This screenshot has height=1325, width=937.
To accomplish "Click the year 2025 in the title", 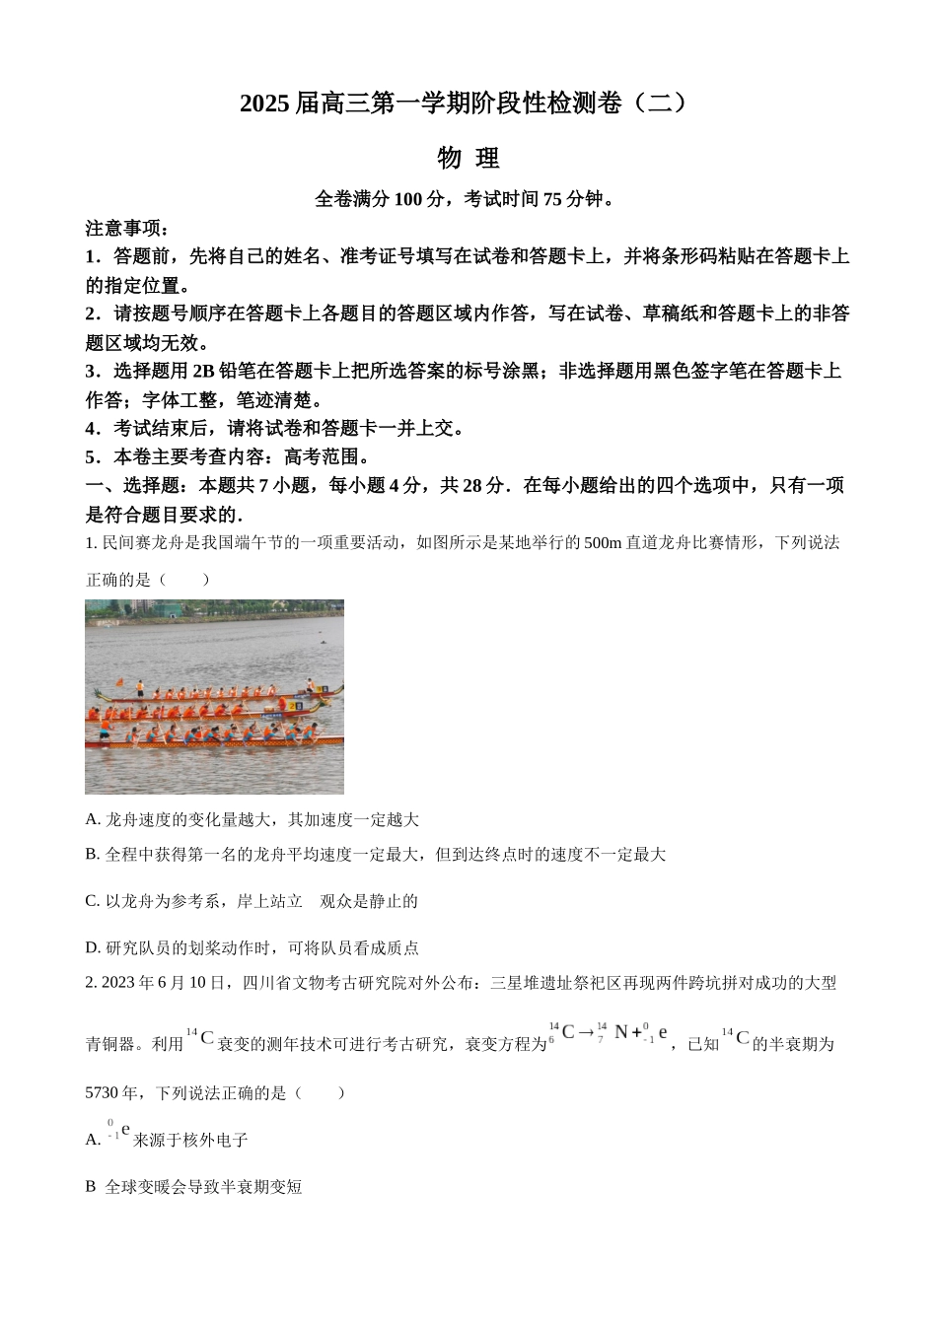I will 265,103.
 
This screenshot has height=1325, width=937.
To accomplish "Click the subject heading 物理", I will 468,158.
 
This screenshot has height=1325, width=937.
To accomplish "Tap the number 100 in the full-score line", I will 408,199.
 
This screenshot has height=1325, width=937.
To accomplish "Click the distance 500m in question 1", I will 603,542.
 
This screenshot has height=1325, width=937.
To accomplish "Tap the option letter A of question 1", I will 93,819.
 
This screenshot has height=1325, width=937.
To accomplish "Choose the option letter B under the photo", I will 93,855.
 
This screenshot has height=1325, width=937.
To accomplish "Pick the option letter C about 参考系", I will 93,901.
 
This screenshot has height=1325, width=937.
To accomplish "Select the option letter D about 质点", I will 93,948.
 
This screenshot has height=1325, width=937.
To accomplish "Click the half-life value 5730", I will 104,1093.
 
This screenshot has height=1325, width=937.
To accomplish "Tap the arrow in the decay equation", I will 586,1033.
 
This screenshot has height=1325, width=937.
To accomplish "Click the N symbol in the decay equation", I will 621,1032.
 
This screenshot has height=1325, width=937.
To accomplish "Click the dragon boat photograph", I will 214,696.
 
